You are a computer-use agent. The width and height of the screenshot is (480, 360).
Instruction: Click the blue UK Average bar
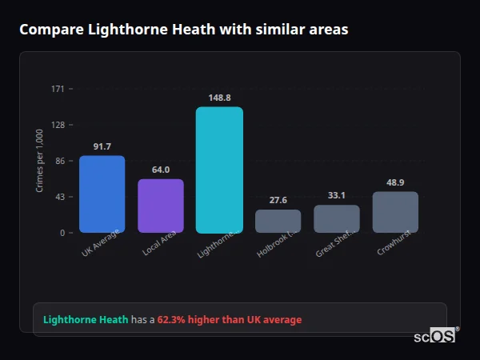tap(102, 194)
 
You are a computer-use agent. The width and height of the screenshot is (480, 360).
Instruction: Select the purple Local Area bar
tap(160, 206)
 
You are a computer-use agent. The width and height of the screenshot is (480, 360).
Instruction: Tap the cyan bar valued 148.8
tap(219, 170)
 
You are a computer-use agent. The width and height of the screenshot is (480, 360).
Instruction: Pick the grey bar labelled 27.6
tap(278, 221)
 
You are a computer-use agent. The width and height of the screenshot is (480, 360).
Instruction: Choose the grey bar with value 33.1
tap(337, 218)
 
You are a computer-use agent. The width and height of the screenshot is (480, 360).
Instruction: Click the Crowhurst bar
tap(395, 212)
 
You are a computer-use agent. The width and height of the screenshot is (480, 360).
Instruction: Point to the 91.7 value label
tap(102, 146)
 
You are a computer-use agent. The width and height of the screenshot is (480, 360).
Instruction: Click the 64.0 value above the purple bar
tap(160, 170)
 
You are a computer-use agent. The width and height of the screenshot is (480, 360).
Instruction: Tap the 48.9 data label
tap(395, 182)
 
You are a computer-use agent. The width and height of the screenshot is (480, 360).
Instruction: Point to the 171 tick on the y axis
tap(58, 89)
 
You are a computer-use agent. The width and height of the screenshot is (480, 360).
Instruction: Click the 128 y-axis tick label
tap(58, 125)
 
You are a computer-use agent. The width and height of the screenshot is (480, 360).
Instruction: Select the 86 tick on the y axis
tap(60, 161)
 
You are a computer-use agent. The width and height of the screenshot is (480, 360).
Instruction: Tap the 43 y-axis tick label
tap(60, 197)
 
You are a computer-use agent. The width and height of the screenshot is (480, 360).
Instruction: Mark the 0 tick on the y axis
tap(62, 233)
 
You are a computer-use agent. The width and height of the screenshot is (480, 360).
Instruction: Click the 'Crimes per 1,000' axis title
tap(40, 160)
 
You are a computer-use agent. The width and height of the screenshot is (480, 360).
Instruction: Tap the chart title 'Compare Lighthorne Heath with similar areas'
tap(183, 30)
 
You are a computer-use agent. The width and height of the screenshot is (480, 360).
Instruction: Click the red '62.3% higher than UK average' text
tap(229, 320)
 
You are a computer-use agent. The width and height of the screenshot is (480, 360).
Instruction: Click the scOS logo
tap(434, 337)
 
